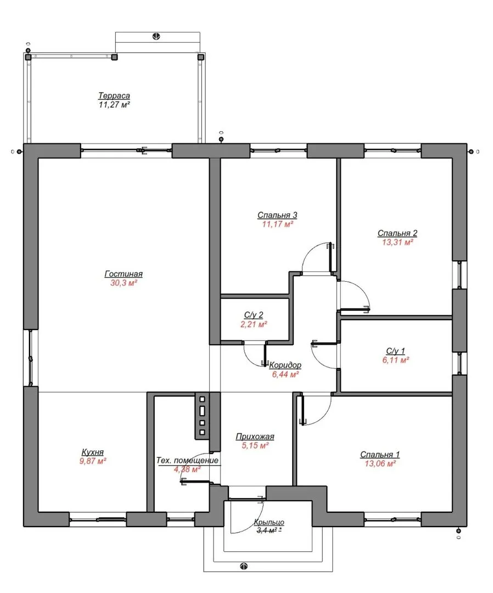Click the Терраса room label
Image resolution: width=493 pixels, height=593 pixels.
(x=114, y=96)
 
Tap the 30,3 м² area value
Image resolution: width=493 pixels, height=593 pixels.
(x=124, y=283)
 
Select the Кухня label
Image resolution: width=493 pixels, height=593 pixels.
(x=93, y=452)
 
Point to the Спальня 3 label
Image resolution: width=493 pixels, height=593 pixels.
(x=277, y=215)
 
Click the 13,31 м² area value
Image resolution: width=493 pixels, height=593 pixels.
(x=397, y=242)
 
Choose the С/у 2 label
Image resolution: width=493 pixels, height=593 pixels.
(x=254, y=315)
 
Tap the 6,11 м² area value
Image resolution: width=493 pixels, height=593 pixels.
(x=396, y=360)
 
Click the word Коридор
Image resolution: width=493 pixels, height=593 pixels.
(x=285, y=365)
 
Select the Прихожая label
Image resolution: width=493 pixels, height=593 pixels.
(x=255, y=437)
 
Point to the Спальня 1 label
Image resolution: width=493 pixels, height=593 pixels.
(x=380, y=455)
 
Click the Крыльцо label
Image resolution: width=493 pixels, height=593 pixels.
(x=269, y=522)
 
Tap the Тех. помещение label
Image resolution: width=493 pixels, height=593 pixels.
(x=188, y=461)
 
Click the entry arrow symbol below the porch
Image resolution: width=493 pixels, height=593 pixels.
(x=244, y=566)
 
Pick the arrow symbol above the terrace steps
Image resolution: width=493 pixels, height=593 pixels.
(x=156, y=36)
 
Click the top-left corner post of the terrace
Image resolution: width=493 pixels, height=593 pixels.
(x=28, y=57)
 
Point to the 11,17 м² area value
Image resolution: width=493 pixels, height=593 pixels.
(x=278, y=224)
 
